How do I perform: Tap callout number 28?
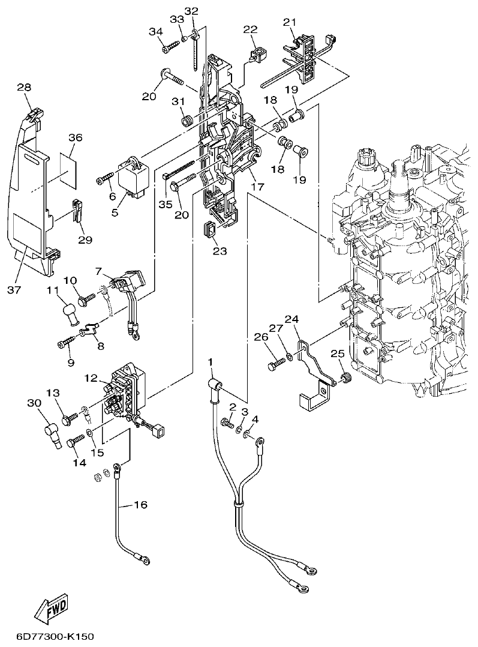(x=24, y=88)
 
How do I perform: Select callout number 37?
(x=14, y=290)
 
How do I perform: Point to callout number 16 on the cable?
(x=139, y=505)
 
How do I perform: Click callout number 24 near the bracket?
(x=292, y=320)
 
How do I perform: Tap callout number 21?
(x=290, y=22)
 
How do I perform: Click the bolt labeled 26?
(x=277, y=363)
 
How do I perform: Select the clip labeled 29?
(x=77, y=210)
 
